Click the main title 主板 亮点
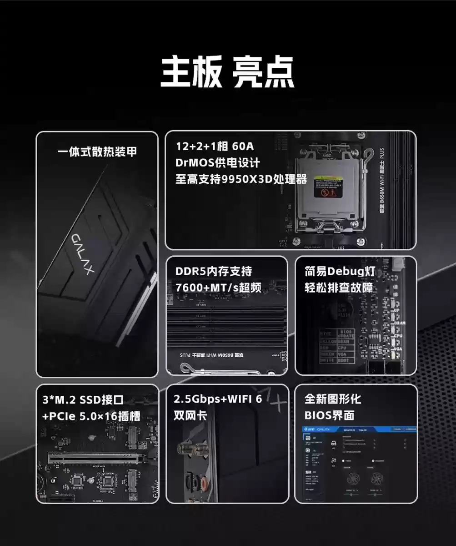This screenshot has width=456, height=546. tap(227, 71)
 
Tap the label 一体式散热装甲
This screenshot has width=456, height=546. tap(97, 152)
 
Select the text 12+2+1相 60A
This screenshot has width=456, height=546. tap(215, 147)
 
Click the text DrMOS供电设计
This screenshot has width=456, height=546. tap(218, 162)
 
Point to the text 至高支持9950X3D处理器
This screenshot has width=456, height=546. tap(241, 179)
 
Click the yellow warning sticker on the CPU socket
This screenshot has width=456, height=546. tap(328, 186)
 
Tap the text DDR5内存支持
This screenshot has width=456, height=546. tap(213, 272)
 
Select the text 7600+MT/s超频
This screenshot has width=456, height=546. tap(218, 288)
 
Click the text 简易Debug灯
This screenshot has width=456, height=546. tap(340, 272)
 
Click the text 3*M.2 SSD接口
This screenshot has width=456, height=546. tap(83, 400)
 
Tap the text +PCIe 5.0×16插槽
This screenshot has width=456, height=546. tap(91, 416)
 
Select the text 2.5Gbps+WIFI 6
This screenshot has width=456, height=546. tap(218, 399)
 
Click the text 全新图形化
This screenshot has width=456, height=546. tap(332, 399)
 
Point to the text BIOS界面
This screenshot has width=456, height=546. tap(329, 415)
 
